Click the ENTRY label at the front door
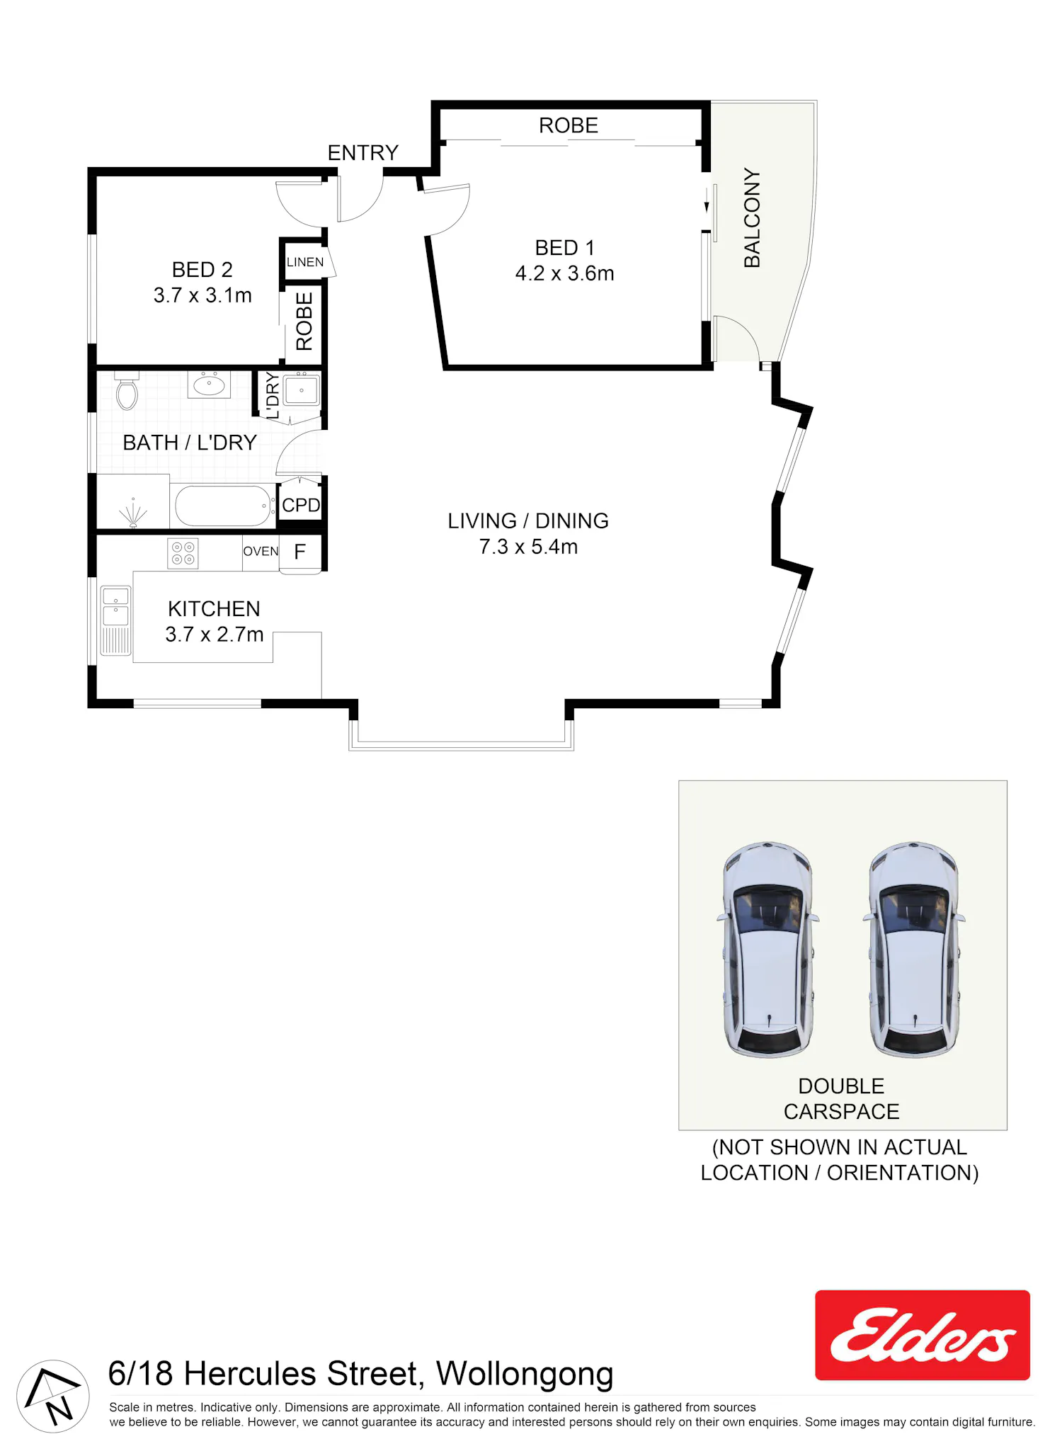[362, 152]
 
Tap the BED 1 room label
[564, 248]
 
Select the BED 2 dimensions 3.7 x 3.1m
[202, 295]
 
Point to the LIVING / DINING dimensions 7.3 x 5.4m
[528, 547]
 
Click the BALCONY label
[752, 218]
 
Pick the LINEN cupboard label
[305, 262]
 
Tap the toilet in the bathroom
[127, 392]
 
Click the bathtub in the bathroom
[224, 506]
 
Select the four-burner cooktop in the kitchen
[183, 553]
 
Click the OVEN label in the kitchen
[261, 551]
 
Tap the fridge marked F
[300, 552]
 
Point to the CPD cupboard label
[301, 506]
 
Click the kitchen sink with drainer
[116, 620]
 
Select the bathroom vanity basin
[209, 385]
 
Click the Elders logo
[923, 1335]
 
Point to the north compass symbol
[53, 1396]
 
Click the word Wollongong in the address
[525, 1375]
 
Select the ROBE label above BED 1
[569, 125]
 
